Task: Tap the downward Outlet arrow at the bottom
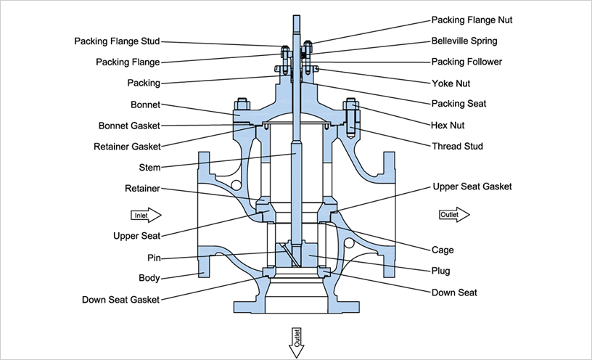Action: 296,342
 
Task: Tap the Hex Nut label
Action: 450,126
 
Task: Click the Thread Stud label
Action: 457,147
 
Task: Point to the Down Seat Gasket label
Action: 120,299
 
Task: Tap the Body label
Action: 149,278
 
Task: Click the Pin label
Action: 153,258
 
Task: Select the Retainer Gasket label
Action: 127,147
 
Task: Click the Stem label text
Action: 149,168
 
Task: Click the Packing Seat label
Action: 459,104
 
